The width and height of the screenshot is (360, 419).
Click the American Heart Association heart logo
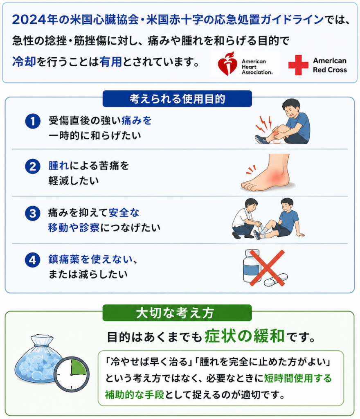(x=227, y=63)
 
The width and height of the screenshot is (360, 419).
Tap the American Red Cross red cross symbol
(x=298, y=65)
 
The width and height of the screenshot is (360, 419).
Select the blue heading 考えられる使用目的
(x=177, y=99)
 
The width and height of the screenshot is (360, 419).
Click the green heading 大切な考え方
(x=177, y=313)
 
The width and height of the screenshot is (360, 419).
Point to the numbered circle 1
(x=33, y=121)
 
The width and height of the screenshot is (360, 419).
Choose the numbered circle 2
(x=33, y=167)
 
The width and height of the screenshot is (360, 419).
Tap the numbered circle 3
(x=33, y=213)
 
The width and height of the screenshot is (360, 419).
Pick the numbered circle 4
(x=33, y=260)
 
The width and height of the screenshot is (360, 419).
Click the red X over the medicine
(x=267, y=268)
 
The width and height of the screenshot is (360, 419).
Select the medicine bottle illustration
(x=252, y=266)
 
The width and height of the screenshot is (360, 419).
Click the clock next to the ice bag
(x=71, y=374)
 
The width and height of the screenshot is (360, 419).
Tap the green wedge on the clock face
(x=78, y=367)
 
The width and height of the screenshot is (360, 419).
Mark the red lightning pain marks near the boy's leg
(x=263, y=124)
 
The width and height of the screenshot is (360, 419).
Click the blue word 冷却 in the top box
(x=24, y=62)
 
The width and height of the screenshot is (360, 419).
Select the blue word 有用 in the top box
(x=110, y=62)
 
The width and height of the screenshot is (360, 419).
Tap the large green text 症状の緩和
(x=244, y=336)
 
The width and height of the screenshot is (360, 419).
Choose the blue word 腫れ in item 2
(x=59, y=166)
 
